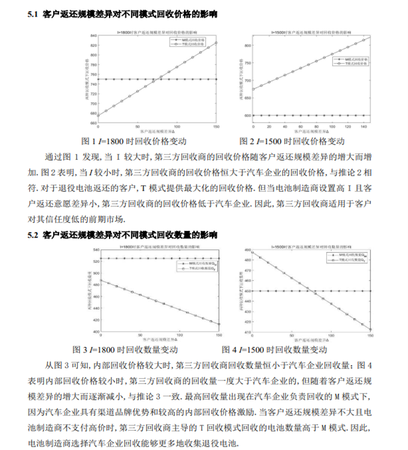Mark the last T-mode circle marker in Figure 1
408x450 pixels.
point(217,42)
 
